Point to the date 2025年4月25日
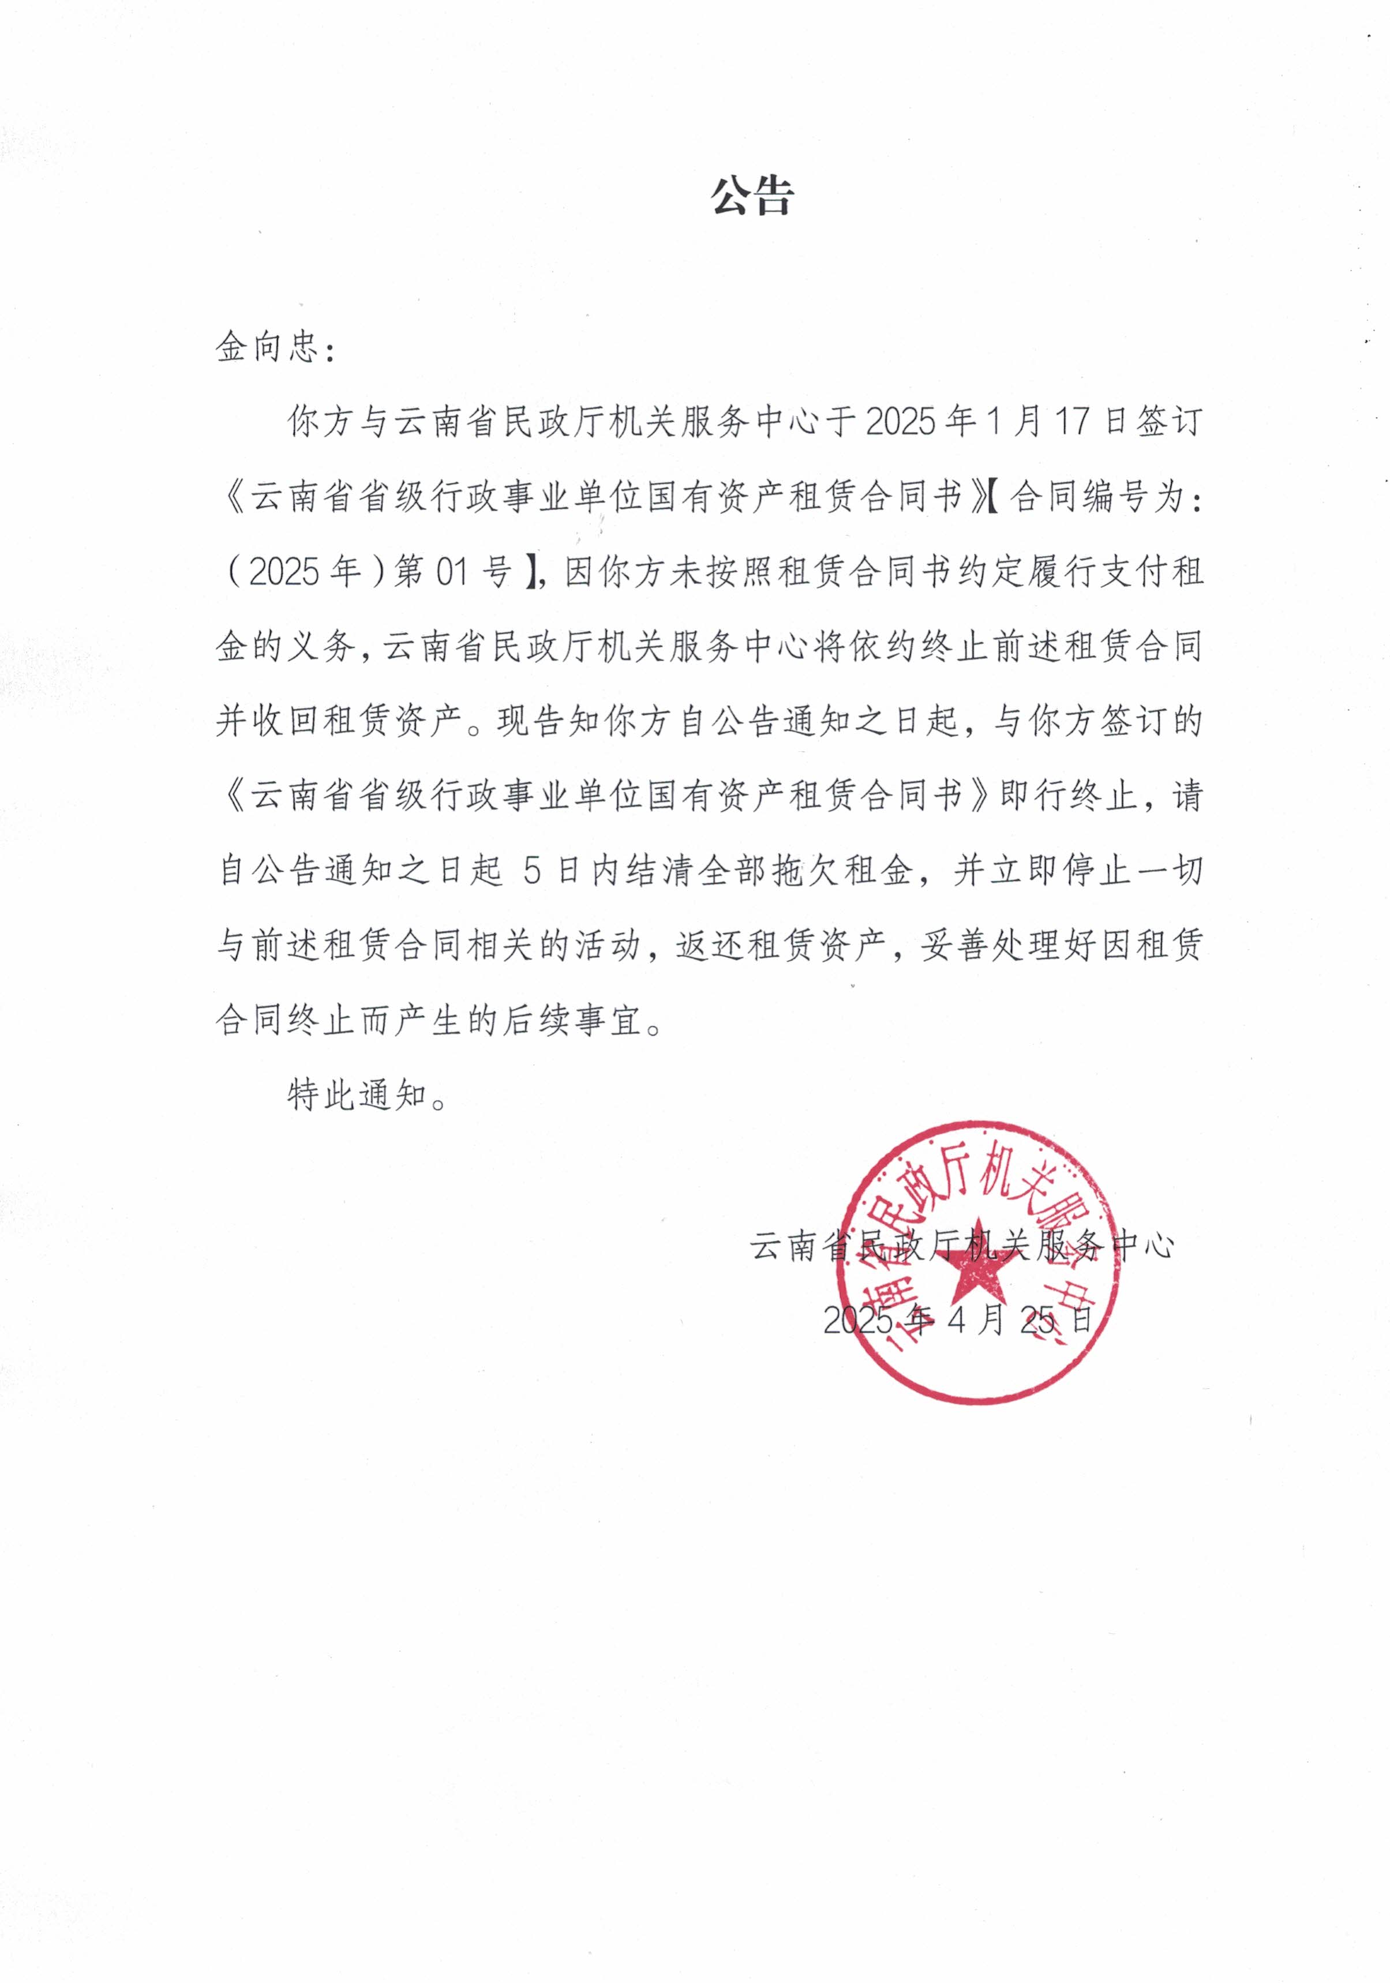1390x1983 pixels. (x=957, y=1319)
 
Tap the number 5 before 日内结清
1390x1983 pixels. (x=532, y=871)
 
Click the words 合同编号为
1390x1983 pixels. (x=1093, y=497)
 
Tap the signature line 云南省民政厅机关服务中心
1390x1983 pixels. (x=961, y=1246)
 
